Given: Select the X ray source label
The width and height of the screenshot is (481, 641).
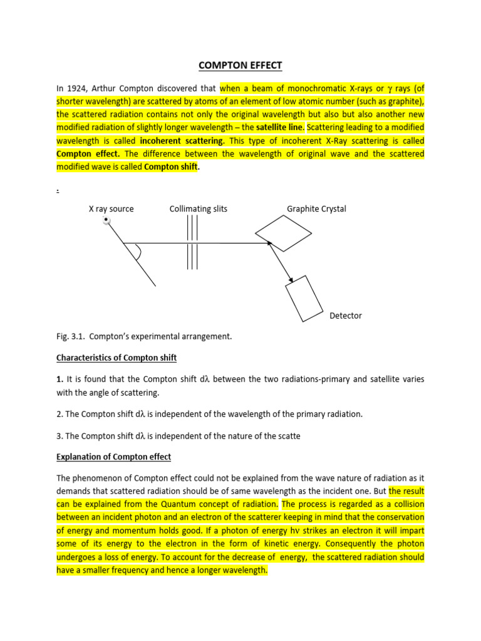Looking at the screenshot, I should tap(111, 209).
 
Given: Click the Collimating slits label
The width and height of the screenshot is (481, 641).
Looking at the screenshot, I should tap(199, 209).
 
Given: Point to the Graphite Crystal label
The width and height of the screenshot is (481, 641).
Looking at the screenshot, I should tap(316, 209).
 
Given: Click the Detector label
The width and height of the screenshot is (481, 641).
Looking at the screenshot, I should tap(346, 316).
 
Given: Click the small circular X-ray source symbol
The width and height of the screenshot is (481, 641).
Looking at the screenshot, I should tap(107, 220).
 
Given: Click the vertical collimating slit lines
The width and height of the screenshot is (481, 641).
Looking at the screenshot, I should tap(192, 242).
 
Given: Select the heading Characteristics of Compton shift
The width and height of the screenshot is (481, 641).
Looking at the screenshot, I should tap(116, 358).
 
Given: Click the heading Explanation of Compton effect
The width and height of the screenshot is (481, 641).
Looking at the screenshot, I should tap(113, 457).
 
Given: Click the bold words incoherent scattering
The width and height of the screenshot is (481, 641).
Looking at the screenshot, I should tap(182, 140).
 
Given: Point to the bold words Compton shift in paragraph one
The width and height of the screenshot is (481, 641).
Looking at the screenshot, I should tap(171, 167).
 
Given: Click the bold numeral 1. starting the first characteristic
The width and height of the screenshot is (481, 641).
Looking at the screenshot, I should tap(59, 380).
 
